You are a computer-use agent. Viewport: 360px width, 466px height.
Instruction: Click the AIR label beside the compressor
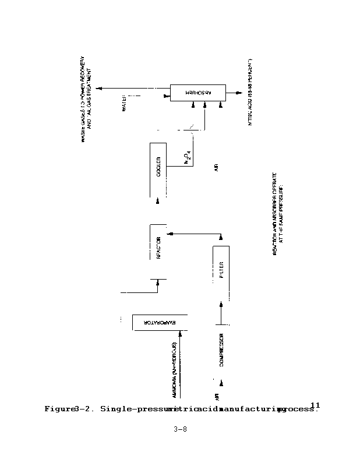pos(216,397)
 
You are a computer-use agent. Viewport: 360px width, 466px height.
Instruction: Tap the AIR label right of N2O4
pos(216,168)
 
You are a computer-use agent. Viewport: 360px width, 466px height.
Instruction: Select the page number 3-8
pos(180,430)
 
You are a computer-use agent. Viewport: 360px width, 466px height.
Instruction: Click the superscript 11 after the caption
pos(315,405)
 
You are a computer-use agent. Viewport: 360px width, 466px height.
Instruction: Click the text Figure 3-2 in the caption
pos(70,409)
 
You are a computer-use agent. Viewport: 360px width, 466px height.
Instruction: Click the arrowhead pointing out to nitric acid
pos(240,93)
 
